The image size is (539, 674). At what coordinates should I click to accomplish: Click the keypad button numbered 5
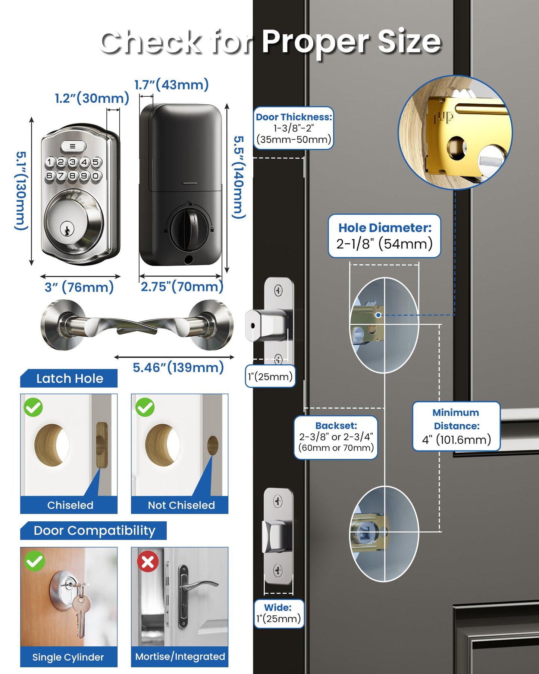(96, 162)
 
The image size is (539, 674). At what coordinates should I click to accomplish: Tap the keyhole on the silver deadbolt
(67, 229)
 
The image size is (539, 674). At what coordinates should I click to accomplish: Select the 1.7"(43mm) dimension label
(172, 85)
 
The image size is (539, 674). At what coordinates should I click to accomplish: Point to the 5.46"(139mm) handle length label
(178, 368)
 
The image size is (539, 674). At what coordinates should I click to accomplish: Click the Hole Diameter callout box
(384, 236)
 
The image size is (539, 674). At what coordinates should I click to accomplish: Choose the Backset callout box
(336, 437)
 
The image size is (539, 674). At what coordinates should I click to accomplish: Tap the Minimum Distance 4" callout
(456, 426)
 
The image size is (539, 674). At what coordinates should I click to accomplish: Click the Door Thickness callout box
(293, 128)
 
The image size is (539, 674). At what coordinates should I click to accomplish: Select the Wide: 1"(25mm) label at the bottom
(279, 614)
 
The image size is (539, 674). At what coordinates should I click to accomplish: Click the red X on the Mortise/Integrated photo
(148, 562)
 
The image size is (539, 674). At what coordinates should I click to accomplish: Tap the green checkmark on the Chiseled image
(33, 407)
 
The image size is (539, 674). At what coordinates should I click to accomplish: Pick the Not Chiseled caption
(181, 505)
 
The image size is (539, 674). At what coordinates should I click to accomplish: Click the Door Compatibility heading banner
(94, 530)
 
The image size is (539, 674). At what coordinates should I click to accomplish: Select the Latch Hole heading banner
(69, 378)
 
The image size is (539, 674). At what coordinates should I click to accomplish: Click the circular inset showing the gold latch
(455, 132)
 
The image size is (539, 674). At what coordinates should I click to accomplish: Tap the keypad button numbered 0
(96, 175)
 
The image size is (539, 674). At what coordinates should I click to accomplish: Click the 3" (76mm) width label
(79, 287)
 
